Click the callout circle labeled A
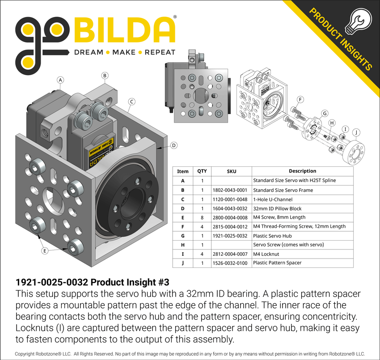point(60,80)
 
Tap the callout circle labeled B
point(105,76)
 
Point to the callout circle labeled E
point(45,251)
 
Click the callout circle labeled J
point(356,132)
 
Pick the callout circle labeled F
point(300,99)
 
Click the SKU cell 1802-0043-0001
point(231,190)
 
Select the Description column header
point(302,171)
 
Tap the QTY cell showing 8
point(202,217)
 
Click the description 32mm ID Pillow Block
point(277,208)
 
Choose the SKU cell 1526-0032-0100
point(231,263)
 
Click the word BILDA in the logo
point(124,30)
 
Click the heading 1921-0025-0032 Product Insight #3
point(93,283)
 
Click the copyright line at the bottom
point(190,353)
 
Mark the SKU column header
point(231,171)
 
